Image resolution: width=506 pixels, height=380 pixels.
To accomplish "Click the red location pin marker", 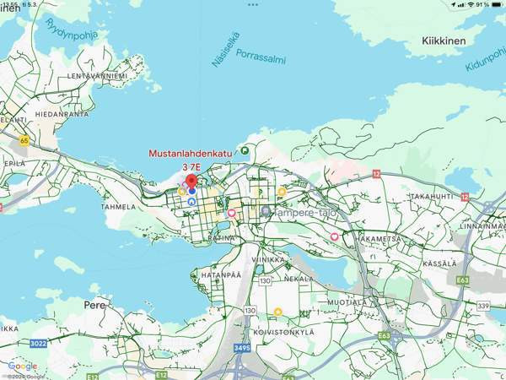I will pyautogui.click(x=191, y=181).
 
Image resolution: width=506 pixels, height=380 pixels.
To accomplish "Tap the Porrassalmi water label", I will pyautogui.click(x=261, y=60).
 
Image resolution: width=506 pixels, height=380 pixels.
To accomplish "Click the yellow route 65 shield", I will pyautogui.click(x=24, y=141).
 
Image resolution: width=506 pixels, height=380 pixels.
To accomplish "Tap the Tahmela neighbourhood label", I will pyautogui.click(x=118, y=206).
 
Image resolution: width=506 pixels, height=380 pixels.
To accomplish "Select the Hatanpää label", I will pyautogui.click(x=221, y=275).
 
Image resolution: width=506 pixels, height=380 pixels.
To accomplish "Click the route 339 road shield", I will pyautogui.click(x=484, y=305).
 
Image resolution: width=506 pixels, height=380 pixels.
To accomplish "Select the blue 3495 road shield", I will pyautogui.click(x=243, y=348).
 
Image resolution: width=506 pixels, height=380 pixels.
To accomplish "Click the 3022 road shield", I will pyautogui.click(x=38, y=343).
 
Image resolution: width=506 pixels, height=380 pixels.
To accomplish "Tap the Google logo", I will pyautogui.click(x=23, y=366).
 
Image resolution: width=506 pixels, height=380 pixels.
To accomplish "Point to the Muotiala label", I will pyautogui.click(x=347, y=301).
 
